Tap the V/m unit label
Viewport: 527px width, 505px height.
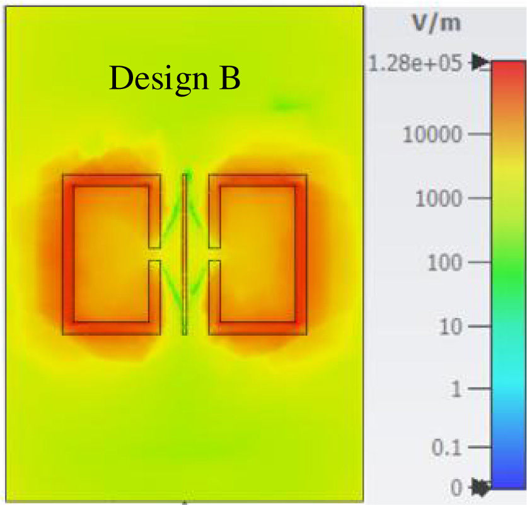coord(436,23)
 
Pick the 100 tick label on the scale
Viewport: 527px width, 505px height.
coord(444,263)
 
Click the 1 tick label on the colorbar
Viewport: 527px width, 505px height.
coord(458,389)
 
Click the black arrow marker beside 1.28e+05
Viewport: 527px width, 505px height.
coord(481,62)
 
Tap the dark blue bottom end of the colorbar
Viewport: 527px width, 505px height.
coord(508,481)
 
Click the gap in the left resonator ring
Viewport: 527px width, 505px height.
coord(154,254)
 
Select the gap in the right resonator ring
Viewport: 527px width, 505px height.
coord(214,254)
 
